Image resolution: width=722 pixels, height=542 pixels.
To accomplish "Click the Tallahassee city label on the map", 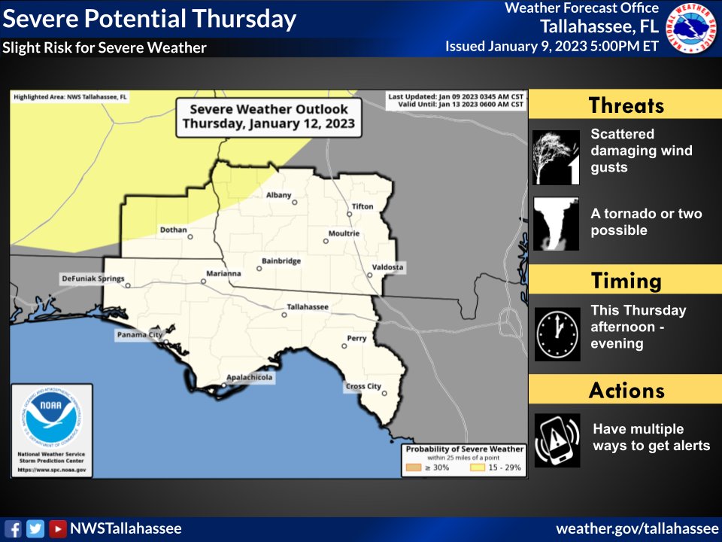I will [307, 307].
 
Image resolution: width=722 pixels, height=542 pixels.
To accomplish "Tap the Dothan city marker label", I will [173, 230].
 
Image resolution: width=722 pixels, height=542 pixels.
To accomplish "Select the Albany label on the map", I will [278, 195].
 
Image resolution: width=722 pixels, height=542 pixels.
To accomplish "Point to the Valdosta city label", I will [387, 267].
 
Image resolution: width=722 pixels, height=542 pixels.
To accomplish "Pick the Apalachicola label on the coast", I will [250, 378].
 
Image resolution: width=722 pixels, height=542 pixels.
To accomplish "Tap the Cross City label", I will [363, 386].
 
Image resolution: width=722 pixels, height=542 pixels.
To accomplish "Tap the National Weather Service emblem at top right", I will [692, 28].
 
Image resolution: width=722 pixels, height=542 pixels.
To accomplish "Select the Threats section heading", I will [626, 105].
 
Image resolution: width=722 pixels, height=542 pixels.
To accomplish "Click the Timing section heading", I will [626, 281].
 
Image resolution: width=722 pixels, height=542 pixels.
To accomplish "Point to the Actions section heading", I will [626, 391].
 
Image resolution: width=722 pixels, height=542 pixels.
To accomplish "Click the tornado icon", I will [557, 224].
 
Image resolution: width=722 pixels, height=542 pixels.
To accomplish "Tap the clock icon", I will [557, 333].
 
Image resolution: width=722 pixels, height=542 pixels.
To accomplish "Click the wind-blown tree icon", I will [557, 157].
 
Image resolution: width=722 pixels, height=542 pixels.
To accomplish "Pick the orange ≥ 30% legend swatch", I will [414, 467].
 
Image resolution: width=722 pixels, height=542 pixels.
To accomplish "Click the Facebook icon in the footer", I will [13, 528].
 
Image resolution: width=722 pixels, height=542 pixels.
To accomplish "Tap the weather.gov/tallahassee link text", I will [637, 528].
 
